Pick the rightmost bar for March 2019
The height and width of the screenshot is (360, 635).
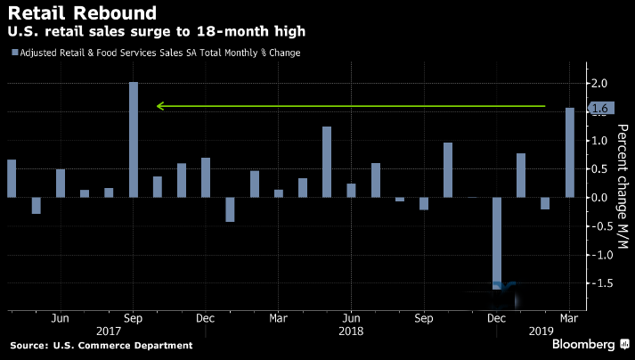coord(570,152)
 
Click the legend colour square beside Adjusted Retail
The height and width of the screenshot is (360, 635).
coord(13,53)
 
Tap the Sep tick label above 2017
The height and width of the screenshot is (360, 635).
coord(133,316)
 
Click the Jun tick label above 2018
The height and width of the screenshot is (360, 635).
coord(351,316)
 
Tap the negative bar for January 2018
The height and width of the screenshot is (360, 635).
coord(230,209)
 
